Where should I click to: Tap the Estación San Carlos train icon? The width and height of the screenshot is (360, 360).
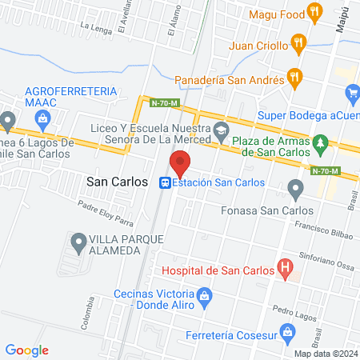[166, 182]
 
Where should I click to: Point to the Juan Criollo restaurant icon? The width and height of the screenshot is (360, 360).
[298, 45]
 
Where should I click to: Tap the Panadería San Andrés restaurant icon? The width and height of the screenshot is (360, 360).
[294, 77]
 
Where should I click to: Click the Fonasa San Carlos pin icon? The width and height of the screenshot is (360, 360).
[296, 190]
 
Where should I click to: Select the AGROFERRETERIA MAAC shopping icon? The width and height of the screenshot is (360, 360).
[42, 119]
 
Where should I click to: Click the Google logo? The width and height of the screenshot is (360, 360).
[26, 350]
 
